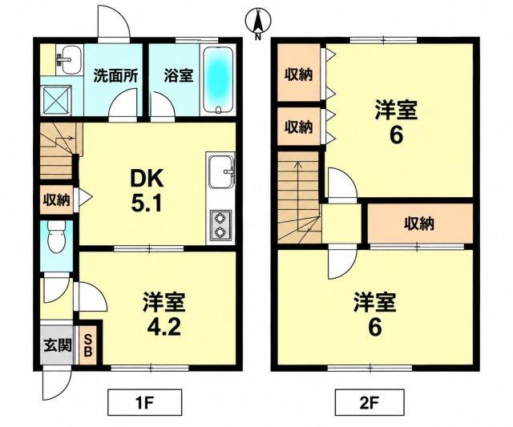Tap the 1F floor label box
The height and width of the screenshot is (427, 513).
click(144, 402)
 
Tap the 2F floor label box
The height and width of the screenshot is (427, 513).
click(370, 402)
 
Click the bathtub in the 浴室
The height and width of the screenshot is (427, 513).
click(218, 79)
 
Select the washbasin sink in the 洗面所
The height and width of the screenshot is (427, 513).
click(68, 60)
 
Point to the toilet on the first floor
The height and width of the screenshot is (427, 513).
click(56, 236)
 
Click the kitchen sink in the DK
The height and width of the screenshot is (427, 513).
click(221, 171)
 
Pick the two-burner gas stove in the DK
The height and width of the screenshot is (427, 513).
click(220, 225)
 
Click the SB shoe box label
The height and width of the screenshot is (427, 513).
click(88, 346)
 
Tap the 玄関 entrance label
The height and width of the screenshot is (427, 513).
click(58, 345)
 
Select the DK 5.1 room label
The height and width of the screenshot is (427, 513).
click(147, 191)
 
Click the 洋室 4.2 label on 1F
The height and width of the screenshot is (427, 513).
click(164, 314)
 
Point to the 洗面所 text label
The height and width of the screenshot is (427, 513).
click(115, 76)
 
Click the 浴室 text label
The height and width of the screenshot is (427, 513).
click(179, 76)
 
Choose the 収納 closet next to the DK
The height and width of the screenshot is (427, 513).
click(57, 199)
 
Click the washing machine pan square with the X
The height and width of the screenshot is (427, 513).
click(56, 100)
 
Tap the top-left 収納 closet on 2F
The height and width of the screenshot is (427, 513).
click(298, 72)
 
